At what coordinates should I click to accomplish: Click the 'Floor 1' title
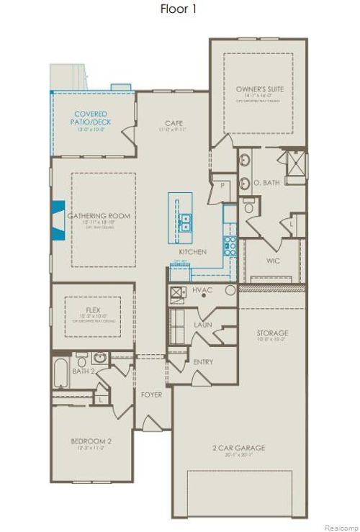pos(178,9)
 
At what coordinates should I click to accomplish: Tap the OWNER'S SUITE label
pos(257,89)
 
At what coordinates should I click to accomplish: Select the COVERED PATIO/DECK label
pos(91,118)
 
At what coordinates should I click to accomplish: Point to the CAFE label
pos(174,124)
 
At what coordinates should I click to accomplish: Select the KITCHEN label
pos(193,252)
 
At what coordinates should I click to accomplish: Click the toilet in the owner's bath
pos(249,207)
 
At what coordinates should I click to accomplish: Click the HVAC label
pos(203,290)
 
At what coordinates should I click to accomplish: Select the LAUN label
pos(202,325)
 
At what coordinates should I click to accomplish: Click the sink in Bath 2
pos(99,358)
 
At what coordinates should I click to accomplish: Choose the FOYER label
pos(151,395)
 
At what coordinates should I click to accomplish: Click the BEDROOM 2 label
pos(91,441)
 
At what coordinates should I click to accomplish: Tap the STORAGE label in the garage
pos(272,333)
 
